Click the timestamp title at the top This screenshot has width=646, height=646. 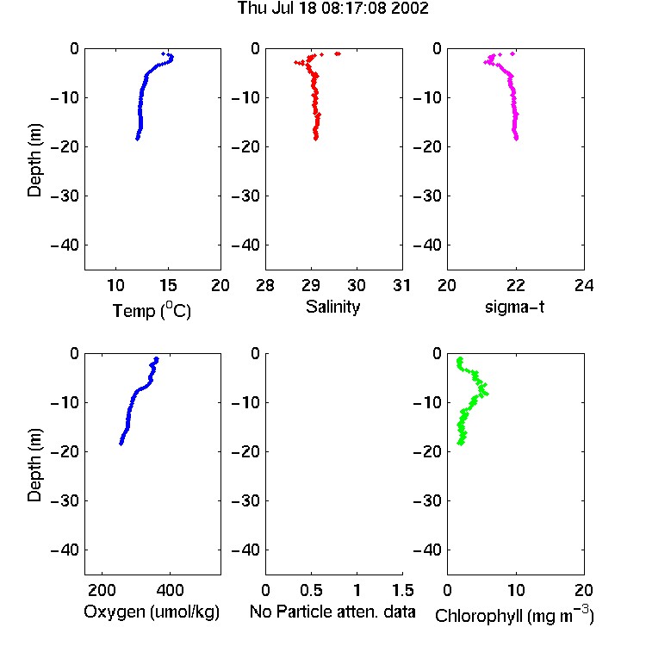(x=332, y=9)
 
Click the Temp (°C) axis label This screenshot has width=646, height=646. (x=152, y=311)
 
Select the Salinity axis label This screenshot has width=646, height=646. (x=332, y=307)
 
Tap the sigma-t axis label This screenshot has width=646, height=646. (x=514, y=307)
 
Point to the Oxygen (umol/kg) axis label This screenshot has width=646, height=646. (x=152, y=612)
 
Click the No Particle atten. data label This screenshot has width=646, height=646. (x=332, y=612)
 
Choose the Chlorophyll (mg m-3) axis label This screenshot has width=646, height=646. (x=514, y=615)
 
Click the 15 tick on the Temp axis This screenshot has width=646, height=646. (x=168, y=285)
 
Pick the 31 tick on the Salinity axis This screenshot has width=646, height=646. (x=401, y=285)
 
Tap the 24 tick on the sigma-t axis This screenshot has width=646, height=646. (x=584, y=285)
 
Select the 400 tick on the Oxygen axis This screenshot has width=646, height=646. (x=170, y=590)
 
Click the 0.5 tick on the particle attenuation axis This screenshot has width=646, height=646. (x=311, y=590)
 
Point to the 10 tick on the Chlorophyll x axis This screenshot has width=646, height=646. (x=516, y=590)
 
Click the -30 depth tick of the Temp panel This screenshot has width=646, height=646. (x=65, y=196)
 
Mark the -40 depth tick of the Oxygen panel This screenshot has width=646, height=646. (x=65, y=550)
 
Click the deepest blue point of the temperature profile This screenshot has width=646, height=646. (x=137, y=139)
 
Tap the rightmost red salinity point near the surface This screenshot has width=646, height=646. (x=338, y=53)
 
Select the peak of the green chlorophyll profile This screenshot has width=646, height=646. (x=487, y=394)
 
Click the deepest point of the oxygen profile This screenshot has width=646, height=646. (x=121, y=444)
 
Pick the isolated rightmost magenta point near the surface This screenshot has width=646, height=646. (x=512, y=53)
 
